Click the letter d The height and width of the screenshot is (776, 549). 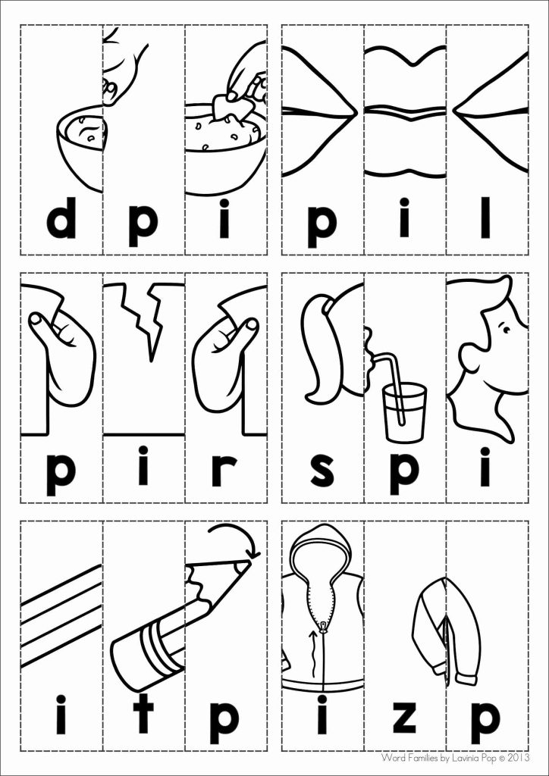[x=61, y=220]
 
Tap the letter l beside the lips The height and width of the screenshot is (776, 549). [x=485, y=217]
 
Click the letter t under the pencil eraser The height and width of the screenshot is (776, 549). [x=143, y=715]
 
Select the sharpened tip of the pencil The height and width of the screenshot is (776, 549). [x=240, y=565]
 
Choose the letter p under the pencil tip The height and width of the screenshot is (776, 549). [x=224, y=720]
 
